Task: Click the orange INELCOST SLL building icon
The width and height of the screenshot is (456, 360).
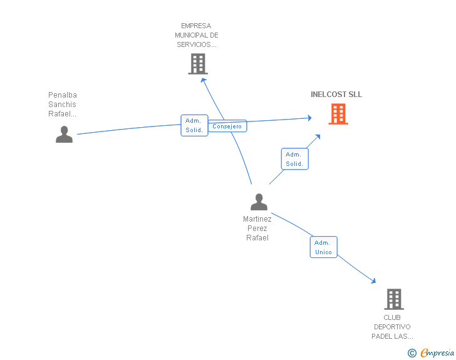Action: (338, 114)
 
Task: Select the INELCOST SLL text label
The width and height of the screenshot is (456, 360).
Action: (336, 95)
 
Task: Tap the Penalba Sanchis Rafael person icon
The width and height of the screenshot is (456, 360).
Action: (64, 135)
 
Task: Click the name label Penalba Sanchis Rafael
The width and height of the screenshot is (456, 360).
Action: (62, 105)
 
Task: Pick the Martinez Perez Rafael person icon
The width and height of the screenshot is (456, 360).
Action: (259, 202)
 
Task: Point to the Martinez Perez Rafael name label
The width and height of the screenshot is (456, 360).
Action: (257, 229)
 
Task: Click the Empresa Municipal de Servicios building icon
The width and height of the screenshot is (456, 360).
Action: (198, 64)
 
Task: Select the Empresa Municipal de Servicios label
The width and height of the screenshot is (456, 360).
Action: (196, 35)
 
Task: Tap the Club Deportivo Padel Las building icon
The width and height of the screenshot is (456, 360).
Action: (394, 299)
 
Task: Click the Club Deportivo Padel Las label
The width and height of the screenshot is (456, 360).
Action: (392, 327)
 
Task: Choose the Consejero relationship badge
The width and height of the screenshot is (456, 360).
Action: (227, 126)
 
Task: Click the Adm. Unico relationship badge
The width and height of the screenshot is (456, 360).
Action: (323, 247)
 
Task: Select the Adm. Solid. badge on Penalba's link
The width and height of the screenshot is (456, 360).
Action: (194, 125)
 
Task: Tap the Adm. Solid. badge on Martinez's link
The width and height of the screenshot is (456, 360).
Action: (294, 159)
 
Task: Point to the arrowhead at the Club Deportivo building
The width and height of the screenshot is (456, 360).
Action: (373, 280)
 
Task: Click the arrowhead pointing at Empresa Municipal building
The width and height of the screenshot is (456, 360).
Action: (204, 80)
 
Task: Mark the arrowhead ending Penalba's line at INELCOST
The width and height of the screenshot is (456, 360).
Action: (309, 118)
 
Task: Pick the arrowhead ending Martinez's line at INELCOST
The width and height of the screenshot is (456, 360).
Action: (318, 137)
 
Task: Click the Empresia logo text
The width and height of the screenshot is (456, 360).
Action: (437, 352)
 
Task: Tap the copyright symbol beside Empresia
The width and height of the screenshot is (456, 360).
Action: (412, 353)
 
